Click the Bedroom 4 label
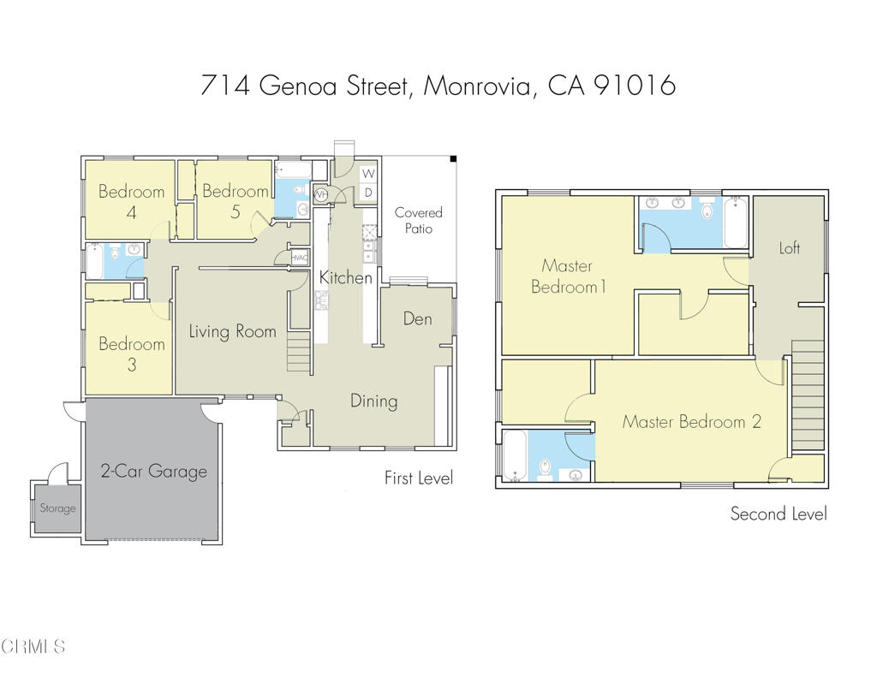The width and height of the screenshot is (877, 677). pyautogui.click(x=131, y=201)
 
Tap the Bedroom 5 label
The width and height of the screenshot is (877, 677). pyautogui.click(x=236, y=200)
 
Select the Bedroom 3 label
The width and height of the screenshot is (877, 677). pyautogui.click(x=131, y=353)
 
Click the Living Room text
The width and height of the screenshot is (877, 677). pyautogui.click(x=232, y=331)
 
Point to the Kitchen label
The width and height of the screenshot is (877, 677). pyautogui.click(x=345, y=277)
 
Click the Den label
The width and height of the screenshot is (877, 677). pyautogui.click(x=417, y=318)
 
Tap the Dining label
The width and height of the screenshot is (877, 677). pyautogui.click(x=373, y=401)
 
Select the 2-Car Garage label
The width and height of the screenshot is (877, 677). pyautogui.click(x=153, y=470)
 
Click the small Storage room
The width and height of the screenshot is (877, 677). pyautogui.click(x=57, y=508)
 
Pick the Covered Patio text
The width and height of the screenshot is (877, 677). pyautogui.click(x=418, y=220)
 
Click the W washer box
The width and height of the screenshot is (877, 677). pyautogui.click(x=367, y=174)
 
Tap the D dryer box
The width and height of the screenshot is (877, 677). pyautogui.click(x=367, y=193)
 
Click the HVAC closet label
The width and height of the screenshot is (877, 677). pyautogui.click(x=300, y=258)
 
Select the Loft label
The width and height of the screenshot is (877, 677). pyautogui.click(x=789, y=248)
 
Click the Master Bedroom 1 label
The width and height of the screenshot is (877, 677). pyautogui.click(x=568, y=276)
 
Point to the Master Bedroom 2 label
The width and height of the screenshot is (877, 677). pyautogui.click(x=691, y=421)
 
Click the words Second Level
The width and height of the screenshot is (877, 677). pyautogui.click(x=778, y=514)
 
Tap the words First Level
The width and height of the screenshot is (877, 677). pyautogui.click(x=418, y=478)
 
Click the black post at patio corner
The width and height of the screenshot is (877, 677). pyautogui.click(x=453, y=159)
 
